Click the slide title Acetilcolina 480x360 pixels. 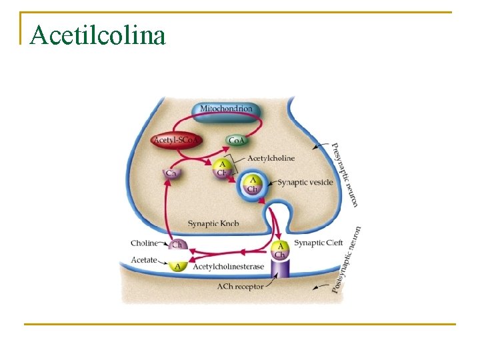coord(97,35)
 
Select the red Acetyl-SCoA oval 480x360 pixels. coord(176,140)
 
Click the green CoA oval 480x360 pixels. coord(236,140)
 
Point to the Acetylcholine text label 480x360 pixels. coord(271,158)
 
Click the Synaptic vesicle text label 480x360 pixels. coord(305,182)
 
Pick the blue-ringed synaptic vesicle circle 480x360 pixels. coord(253,183)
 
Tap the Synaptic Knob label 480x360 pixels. coord(213,223)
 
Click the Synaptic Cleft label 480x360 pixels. coord(319,243)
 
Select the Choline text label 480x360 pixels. coord(144,243)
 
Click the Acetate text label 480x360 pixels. coord(144,259)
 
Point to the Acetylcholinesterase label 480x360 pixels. coord(228,267)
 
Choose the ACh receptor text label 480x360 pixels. coord(240,287)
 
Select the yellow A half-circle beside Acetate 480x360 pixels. coord(177,266)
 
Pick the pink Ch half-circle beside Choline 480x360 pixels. coord(177,244)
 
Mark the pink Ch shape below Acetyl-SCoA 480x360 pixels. coord(171,173)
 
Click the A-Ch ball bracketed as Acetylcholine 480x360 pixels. coord(221,168)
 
